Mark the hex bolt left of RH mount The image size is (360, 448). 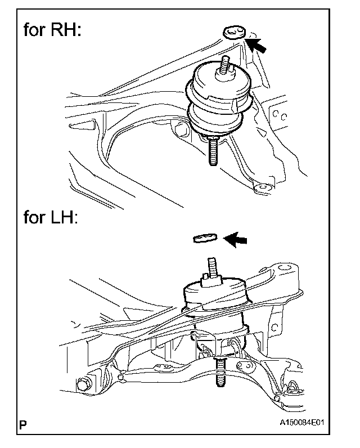pos(182,131)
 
